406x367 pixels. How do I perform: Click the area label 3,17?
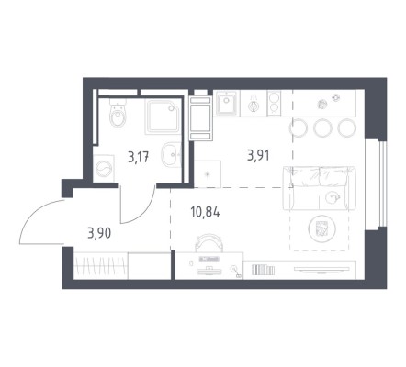pyautogui.click(x=139, y=158)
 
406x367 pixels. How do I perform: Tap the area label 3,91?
pyautogui.click(x=258, y=155)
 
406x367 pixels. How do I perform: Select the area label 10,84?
pyautogui.click(x=205, y=212)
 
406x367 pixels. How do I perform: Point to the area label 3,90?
pyautogui.click(x=99, y=234)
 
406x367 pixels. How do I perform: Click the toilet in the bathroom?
pyautogui.click(x=118, y=113)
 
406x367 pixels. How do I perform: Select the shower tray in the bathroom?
pyautogui.click(x=164, y=117)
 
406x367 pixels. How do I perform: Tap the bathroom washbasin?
pyautogui.click(x=171, y=154)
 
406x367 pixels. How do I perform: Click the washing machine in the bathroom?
pyautogui.click(x=104, y=169)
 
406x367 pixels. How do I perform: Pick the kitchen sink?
pyautogui.click(x=226, y=103)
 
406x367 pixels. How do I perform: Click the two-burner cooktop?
pyautogui.click(x=274, y=103)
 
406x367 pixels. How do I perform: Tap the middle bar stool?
pyautogui.click(x=323, y=128)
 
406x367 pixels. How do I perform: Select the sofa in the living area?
pyautogui.click(x=320, y=188)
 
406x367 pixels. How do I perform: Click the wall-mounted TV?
pyautogui.click(x=321, y=269)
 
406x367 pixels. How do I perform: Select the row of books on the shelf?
pyautogui.click(x=263, y=270)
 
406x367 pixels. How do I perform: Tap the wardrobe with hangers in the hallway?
pyautogui.click(x=101, y=265)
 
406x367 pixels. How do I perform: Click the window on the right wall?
pyautogui.click(x=382, y=183)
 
